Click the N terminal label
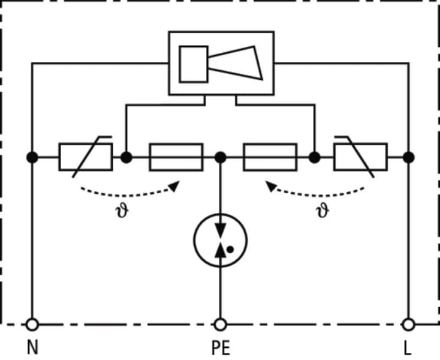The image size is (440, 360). pos(32,347)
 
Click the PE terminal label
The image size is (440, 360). pos(221,348)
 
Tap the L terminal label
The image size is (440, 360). pos(408,348)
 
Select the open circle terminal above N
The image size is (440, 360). pos(32,325)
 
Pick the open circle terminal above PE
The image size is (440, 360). pos(220,325)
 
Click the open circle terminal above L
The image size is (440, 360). pos(408,325)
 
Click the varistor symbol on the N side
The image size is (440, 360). pos(86,157)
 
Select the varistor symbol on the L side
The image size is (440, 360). pos(361,157)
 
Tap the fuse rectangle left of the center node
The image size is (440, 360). pos(176,157)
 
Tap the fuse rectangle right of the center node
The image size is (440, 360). pos(270,157)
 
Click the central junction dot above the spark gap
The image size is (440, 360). pos(220,157)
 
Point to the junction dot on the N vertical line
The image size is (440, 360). pos(32,157)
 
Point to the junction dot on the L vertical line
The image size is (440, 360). pos(409,157)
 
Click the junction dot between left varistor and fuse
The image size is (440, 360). pos(126,157)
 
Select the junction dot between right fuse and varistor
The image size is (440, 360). pos(315,157)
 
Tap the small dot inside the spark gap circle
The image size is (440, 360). pos(230,250)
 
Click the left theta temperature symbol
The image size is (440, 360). pos(122,211)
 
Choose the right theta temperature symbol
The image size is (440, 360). pos(323,211)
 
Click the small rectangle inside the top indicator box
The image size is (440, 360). pos(194,64)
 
